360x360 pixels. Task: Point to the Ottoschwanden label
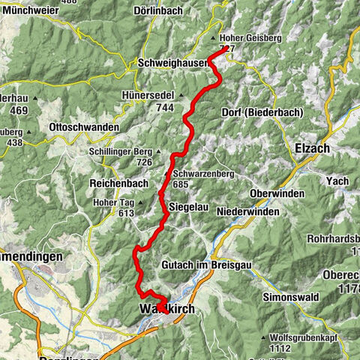point(83,128)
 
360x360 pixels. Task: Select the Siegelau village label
point(188,204)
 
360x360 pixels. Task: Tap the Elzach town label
point(313,148)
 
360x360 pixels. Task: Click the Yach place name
point(337,181)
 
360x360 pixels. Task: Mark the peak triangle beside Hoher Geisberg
point(213,37)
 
